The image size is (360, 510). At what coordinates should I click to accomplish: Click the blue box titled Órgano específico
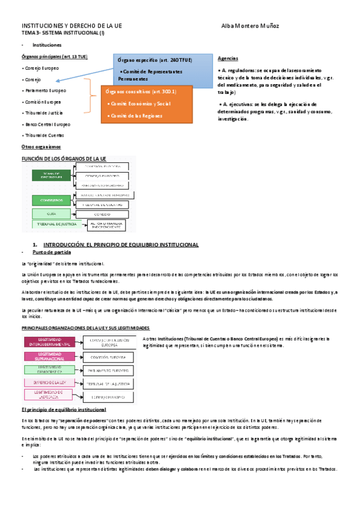point(162,69)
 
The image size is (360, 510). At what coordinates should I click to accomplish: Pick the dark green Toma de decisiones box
point(51,176)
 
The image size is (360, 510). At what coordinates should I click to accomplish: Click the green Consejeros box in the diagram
point(51,200)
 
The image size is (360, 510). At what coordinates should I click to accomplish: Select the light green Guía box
point(51,213)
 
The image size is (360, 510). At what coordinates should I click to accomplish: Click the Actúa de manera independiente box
point(107,225)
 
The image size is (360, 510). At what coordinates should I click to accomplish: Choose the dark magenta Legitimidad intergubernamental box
point(49,342)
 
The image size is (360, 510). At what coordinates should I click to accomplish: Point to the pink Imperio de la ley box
point(49,381)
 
